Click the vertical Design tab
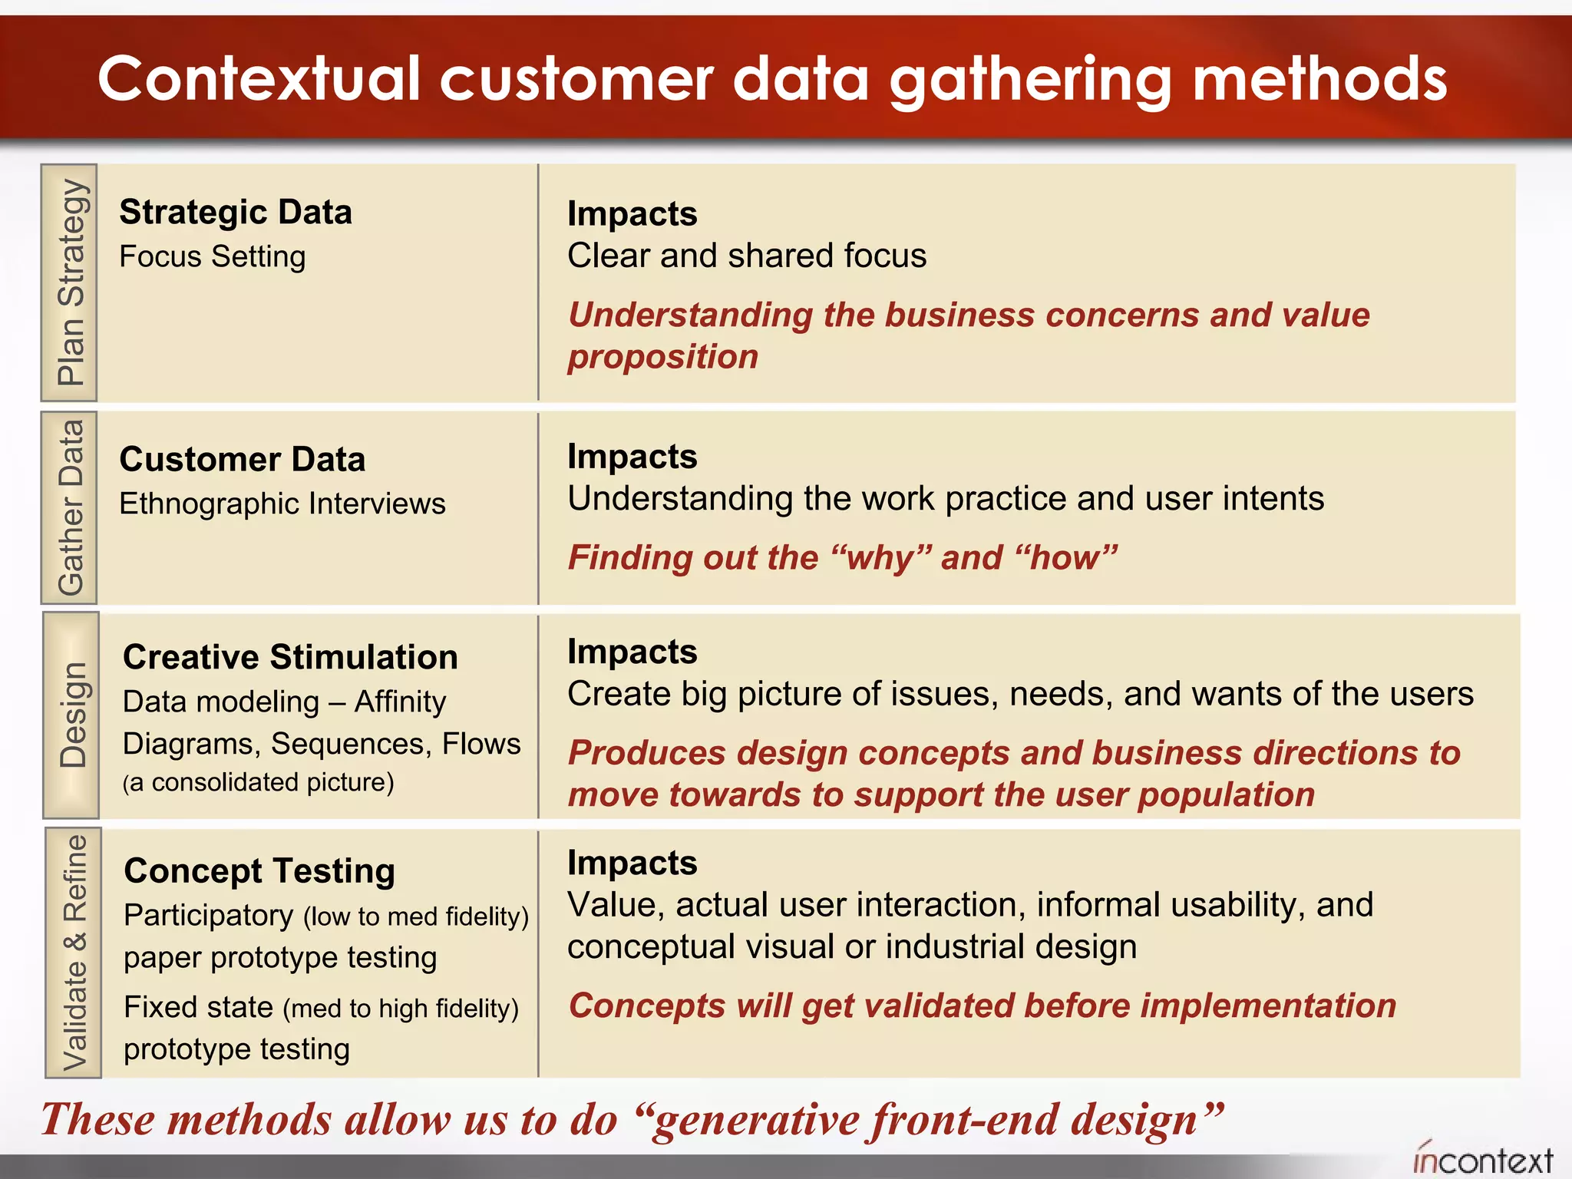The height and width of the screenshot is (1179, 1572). [x=71, y=715]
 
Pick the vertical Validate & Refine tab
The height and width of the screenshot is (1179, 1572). [x=74, y=953]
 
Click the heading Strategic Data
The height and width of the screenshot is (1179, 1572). [x=236, y=212]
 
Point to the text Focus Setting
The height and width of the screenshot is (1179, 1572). [x=213, y=256]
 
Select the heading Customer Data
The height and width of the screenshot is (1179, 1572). [x=243, y=459]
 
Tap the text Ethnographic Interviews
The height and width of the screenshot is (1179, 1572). [x=282, y=504]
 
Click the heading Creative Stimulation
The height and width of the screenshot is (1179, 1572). [x=290, y=657]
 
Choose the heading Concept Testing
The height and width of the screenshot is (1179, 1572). [x=259, y=870]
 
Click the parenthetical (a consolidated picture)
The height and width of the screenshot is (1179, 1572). [x=258, y=782]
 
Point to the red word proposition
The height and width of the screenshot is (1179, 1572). [x=663, y=357]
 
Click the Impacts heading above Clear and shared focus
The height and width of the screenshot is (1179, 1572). [x=632, y=213]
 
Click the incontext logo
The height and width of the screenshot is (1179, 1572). [x=1483, y=1159]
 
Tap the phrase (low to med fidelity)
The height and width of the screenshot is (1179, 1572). [x=416, y=916]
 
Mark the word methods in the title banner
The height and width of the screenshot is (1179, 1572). [x=1319, y=79]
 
